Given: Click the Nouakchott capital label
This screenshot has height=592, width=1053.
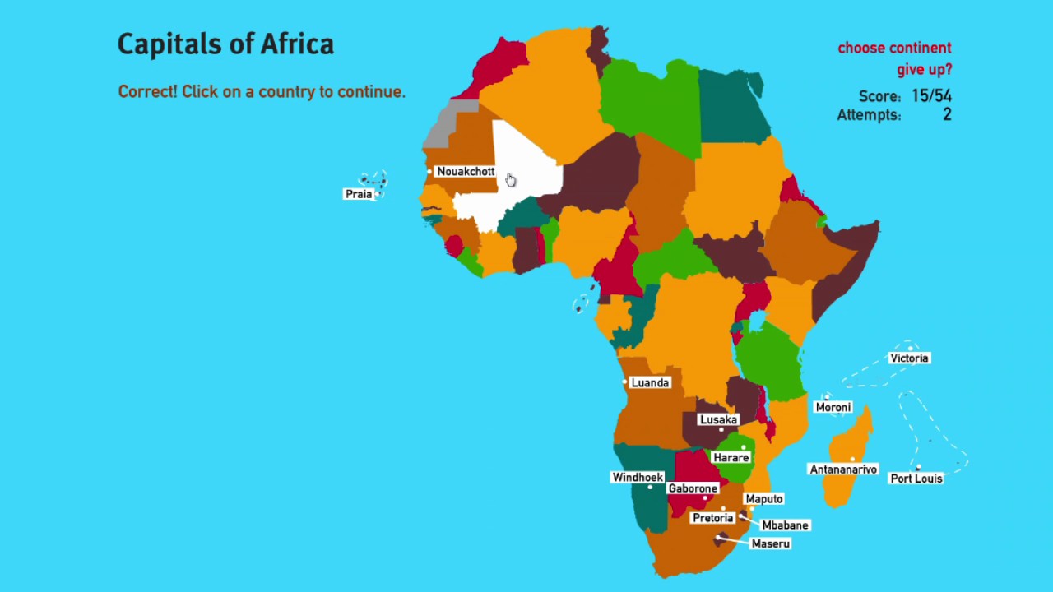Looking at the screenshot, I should point(466,172).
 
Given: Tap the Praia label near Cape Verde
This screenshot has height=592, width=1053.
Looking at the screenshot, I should point(359,194).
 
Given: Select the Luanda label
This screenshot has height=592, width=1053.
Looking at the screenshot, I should point(650,383).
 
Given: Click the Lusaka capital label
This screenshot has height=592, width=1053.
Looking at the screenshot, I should point(718,420).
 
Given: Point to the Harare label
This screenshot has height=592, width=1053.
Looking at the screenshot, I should point(731,458).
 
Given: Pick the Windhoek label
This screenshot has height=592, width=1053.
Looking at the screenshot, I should point(638,478).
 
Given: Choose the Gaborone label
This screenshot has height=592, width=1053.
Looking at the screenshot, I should point(693,488).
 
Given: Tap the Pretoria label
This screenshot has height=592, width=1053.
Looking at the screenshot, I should point(712,518).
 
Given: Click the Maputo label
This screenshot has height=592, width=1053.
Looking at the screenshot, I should point(764,499).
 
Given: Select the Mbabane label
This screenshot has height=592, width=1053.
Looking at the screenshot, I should point(786,525).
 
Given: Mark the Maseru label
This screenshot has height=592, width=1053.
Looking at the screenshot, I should point(771,543).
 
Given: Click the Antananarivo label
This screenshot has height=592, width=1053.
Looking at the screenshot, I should point(843,469).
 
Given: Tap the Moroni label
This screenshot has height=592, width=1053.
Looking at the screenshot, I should point(833,408).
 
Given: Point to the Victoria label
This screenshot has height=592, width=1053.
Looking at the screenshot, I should point(909,358).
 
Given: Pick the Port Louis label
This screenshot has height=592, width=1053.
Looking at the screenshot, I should point(916,479).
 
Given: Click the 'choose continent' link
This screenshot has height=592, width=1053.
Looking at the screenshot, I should point(894,48).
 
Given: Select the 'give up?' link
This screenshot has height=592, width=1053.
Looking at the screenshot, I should point(925,70).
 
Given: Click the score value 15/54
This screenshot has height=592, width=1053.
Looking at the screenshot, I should point(931,96).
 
